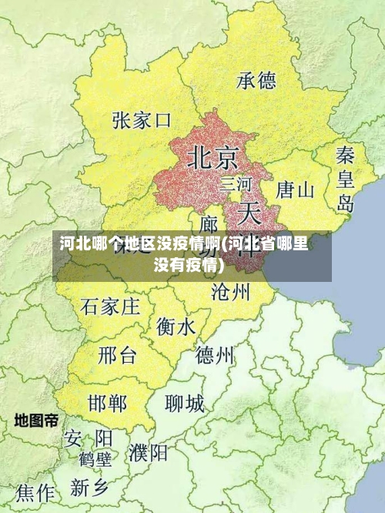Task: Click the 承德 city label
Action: pyautogui.click(x=256, y=80)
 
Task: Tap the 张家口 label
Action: pyautogui.click(x=141, y=121)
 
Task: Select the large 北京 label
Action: pyautogui.click(x=213, y=158)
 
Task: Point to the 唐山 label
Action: pyautogui.click(x=295, y=189)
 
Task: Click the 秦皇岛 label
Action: pyautogui.click(x=345, y=179)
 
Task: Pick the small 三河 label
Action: pyautogui.click(x=236, y=184)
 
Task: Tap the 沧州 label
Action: pyautogui.click(x=230, y=291)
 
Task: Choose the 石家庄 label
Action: pyautogui.click(x=110, y=307)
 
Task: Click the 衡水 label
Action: pyautogui.click(x=176, y=327)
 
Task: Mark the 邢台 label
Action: pyautogui.click(x=117, y=356)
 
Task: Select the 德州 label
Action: pyautogui.click(x=215, y=355)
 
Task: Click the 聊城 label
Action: pyautogui.click(x=185, y=403)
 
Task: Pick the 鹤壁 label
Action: pyautogui.click(x=95, y=460)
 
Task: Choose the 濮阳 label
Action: pyautogui.click(x=149, y=451)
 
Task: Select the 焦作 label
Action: pyautogui.click(x=35, y=492)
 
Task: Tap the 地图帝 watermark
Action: pyautogui.click(x=36, y=421)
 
